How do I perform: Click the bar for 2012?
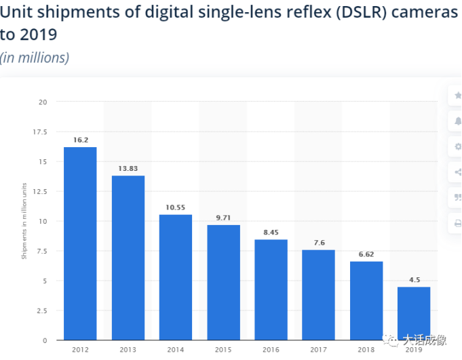click(80, 243)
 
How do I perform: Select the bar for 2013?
click(128, 258)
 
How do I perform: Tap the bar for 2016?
click(271, 289)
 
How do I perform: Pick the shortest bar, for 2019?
click(414, 313)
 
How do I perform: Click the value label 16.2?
click(81, 140)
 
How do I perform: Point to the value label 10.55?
click(176, 208)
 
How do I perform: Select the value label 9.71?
click(223, 218)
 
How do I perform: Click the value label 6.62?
click(366, 255)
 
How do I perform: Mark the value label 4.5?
click(414, 280)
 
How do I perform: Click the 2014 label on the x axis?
click(176, 350)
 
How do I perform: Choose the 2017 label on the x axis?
click(319, 350)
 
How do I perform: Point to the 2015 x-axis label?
click(223, 350)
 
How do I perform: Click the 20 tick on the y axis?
click(43, 102)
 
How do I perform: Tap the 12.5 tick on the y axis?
click(39, 192)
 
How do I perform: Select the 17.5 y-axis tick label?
click(39, 132)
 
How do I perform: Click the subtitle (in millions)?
click(35, 58)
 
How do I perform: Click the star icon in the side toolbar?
click(456, 97)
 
